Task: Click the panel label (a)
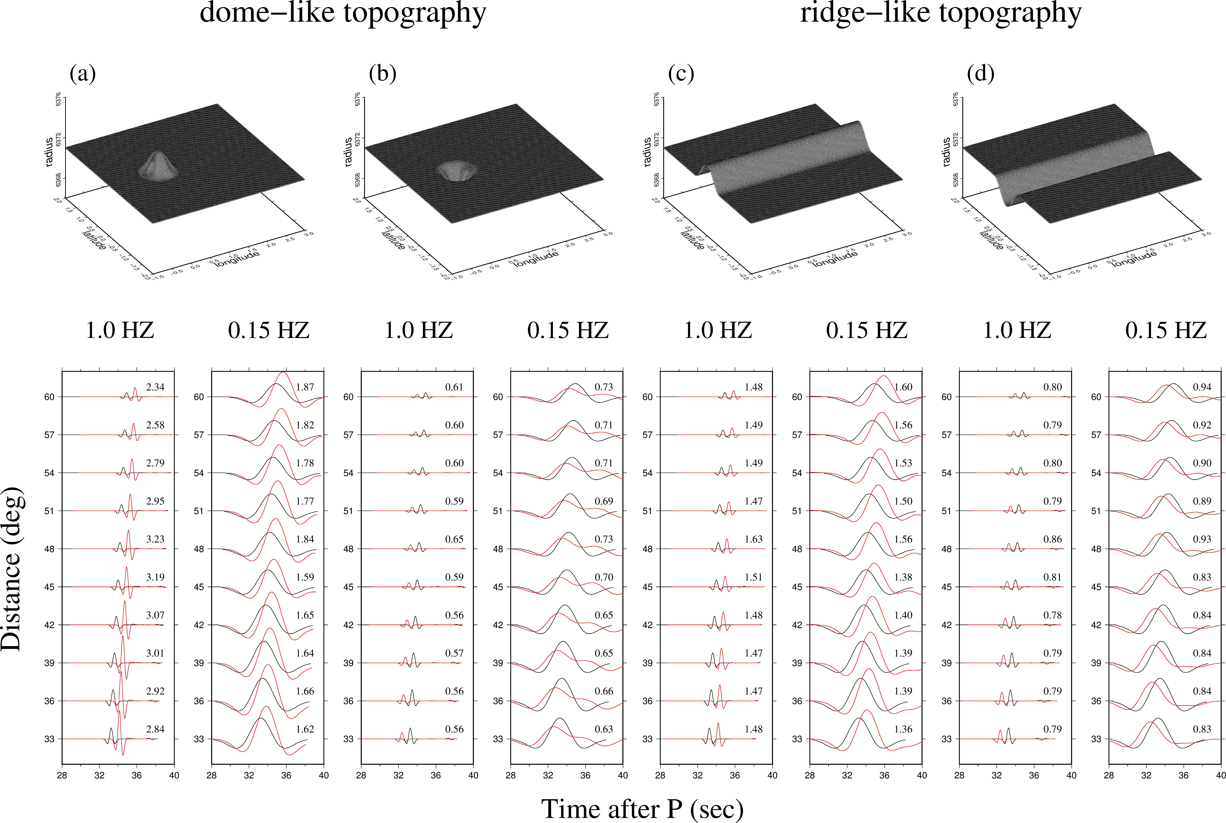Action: click(83, 74)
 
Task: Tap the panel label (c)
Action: click(681, 74)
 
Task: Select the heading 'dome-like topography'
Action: click(343, 13)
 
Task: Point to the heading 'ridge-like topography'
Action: click(941, 13)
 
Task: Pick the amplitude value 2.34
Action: click(155, 387)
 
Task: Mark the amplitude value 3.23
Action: click(155, 539)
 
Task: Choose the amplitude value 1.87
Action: click(305, 387)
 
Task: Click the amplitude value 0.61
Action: click(454, 387)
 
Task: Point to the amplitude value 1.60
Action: click(903, 387)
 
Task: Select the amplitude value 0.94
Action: click(1202, 387)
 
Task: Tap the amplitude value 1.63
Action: click(753, 539)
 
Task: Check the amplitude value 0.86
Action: click(1052, 539)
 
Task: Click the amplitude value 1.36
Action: click(903, 729)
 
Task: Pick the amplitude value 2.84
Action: click(155, 729)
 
